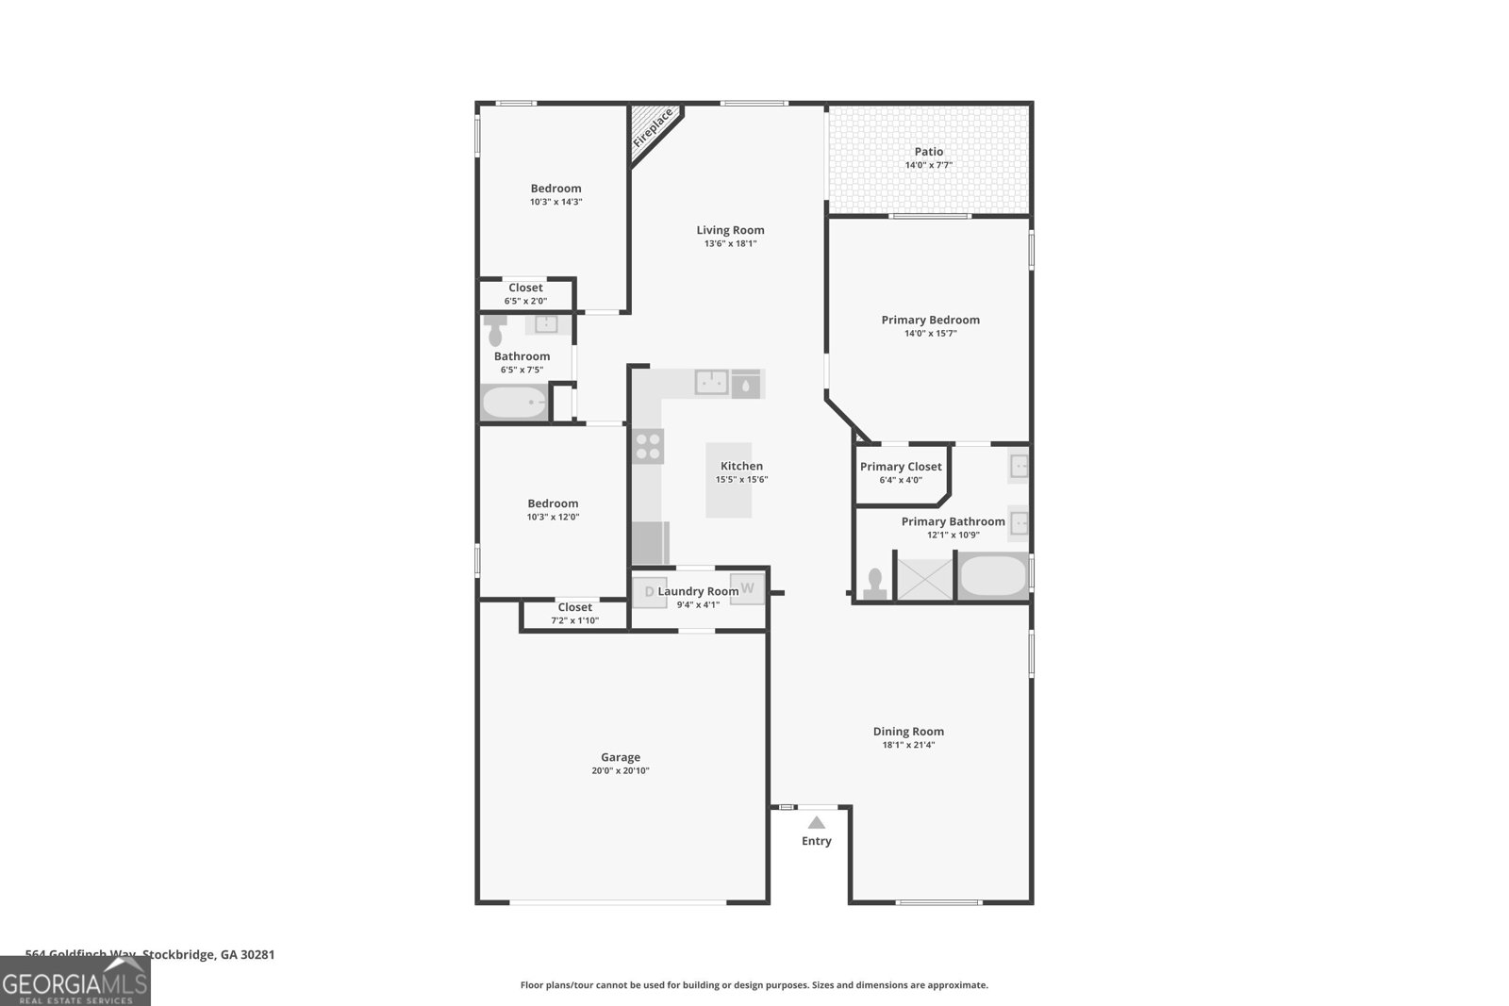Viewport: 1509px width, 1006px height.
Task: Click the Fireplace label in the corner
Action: pos(653,128)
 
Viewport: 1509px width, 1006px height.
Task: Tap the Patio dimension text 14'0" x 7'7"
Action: pos(928,165)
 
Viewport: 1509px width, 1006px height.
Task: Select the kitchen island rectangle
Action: pos(729,480)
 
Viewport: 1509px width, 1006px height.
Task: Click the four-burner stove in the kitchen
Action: pos(648,446)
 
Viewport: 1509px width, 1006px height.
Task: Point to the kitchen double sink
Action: pos(711,382)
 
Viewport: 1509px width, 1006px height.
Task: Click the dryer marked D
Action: pos(649,591)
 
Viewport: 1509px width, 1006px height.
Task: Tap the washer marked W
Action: pos(748,588)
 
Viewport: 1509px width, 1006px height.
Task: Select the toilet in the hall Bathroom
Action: pos(495,331)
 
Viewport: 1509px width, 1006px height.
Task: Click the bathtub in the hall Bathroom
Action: pos(514,403)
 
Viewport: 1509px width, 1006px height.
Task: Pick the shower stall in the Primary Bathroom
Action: pos(924,579)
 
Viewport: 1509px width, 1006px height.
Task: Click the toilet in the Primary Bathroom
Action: pos(874,585)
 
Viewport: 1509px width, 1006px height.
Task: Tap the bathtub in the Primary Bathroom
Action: pos(992,575)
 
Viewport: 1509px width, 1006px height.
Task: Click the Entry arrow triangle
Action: pos(817,823)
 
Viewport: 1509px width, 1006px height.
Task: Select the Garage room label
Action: pos(621,757)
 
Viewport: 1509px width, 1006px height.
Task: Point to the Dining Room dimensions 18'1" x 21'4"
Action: pos(908,745)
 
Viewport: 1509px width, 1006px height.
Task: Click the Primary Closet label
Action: pos(901,467)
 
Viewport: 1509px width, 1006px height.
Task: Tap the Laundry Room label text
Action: pos(698,591)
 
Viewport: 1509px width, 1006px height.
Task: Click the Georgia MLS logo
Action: pos(75,982)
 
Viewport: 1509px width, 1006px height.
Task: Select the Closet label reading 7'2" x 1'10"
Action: pos(574,620)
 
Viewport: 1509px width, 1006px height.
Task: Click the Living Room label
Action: pos(730,230)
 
